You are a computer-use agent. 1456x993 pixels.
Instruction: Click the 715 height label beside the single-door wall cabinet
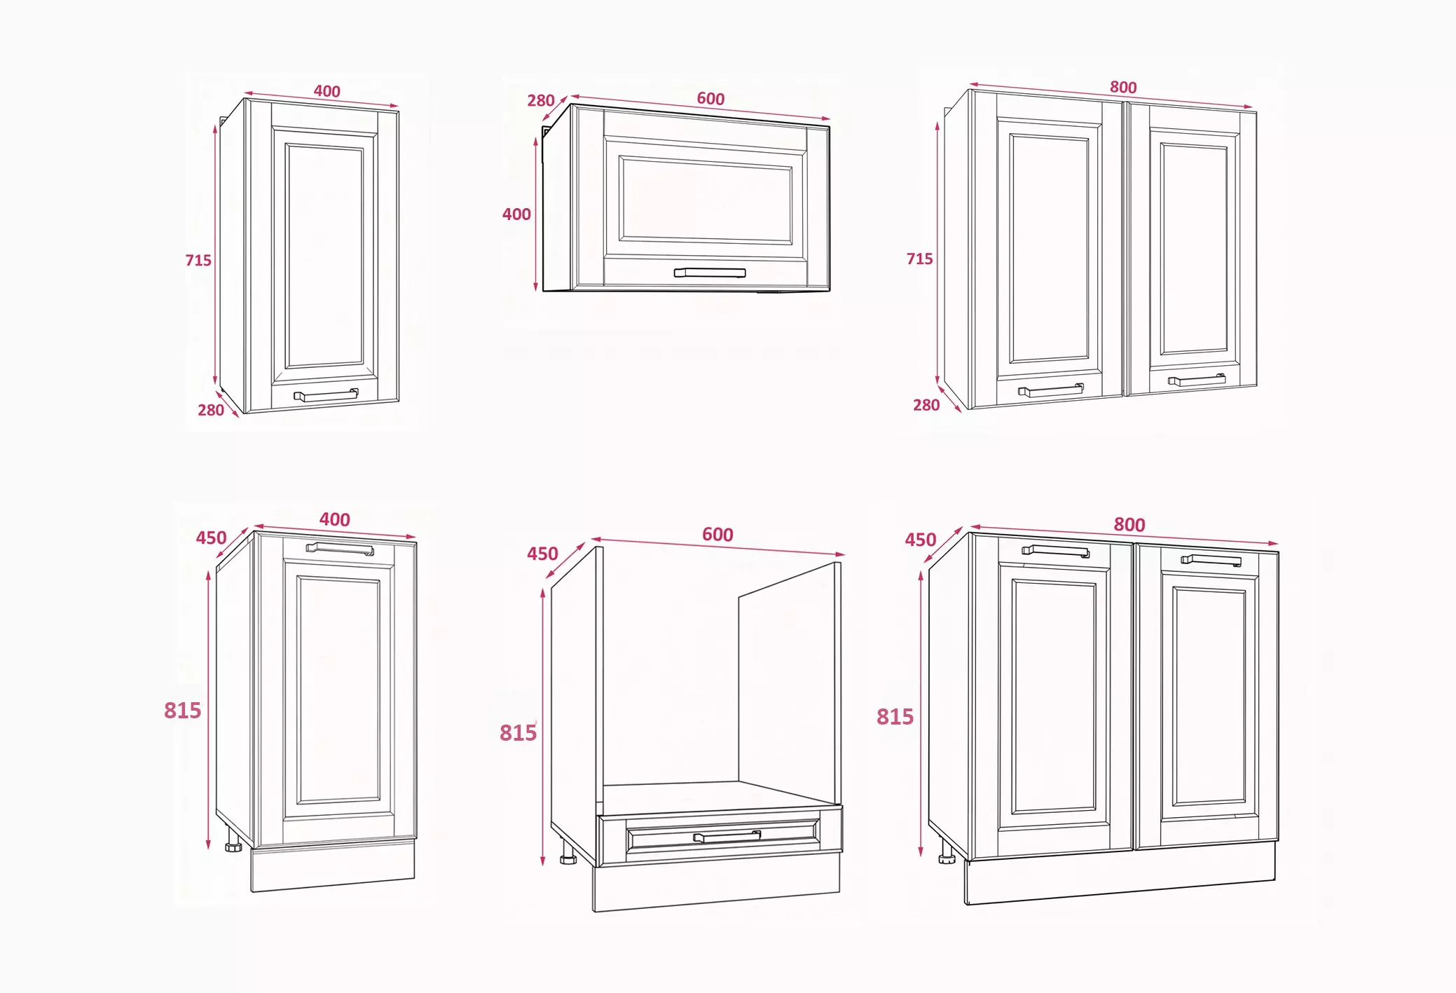coord(198,260)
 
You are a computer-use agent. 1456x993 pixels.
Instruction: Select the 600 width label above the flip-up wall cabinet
coord(710,99)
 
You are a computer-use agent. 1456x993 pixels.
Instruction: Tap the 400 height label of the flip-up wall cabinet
coord(516,214)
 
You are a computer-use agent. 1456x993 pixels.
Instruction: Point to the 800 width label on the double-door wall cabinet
coord(1123,87)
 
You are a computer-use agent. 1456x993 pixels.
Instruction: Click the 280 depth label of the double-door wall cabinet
coord(926,405)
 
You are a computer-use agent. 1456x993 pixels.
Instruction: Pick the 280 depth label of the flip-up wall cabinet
coord(541,101)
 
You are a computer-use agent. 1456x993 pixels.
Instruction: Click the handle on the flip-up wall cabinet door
coord(710,273)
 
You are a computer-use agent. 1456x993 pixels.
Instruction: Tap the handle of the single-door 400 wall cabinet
coord(326,396)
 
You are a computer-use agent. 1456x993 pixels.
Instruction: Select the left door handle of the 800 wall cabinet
coord(1051,390)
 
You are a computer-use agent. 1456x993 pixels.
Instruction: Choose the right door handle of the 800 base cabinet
coord(1211,560)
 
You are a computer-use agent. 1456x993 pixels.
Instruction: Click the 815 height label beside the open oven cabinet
coord(518,732)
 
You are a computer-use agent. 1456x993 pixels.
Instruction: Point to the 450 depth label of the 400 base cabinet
coord(211,537)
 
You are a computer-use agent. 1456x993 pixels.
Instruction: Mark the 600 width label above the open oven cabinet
coord(717,535)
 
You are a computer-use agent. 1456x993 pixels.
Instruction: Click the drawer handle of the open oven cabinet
coord(727,836)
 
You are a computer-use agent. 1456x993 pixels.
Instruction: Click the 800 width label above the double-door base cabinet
coord(1129,524)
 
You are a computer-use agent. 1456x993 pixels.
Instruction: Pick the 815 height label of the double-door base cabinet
coord(895,716)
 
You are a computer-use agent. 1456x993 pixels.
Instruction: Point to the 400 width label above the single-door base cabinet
coord(334,519)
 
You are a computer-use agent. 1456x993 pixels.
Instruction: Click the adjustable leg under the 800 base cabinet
coord(947,856)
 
